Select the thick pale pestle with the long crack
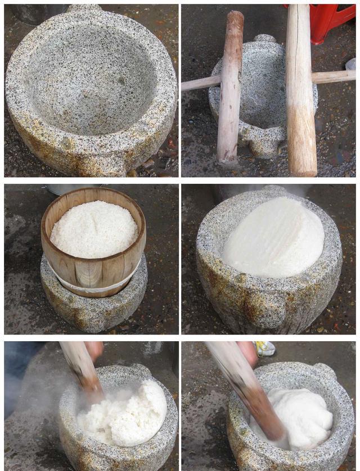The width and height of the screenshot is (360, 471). (301, 96)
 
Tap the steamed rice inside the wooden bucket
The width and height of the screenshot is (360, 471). (94, 228)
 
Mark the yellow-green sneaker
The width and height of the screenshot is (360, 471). (265, 348)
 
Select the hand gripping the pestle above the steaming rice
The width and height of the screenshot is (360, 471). (93, 350)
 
